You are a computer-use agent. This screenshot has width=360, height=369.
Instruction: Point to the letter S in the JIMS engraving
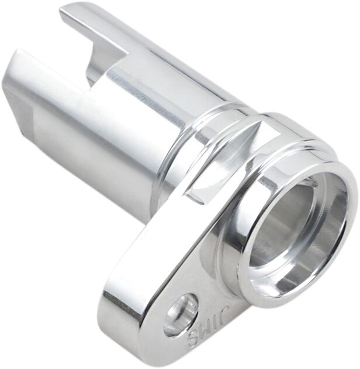click(x=192, y=340)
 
